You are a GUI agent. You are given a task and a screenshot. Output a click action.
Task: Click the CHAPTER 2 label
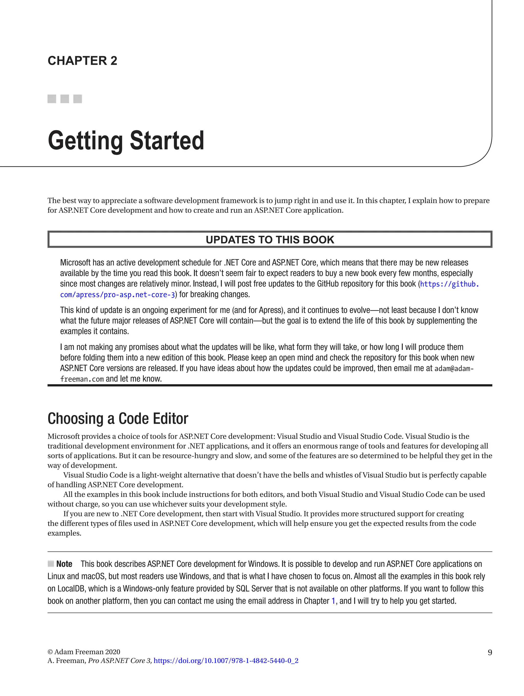tap(82, 61)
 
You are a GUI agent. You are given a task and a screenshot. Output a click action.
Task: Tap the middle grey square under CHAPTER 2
tap(64, 99)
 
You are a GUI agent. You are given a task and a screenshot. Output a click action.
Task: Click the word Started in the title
tap(167, 140)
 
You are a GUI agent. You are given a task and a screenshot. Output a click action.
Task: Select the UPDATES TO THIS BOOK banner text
tap(270, 240)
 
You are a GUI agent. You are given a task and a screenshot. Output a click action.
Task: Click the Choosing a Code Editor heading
tap(118, 418)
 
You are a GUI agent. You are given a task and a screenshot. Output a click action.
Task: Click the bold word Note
tap(64, 564)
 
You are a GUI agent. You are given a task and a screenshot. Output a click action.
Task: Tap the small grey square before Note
tap(51, 564)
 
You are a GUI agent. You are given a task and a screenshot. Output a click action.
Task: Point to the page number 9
tap(490, 652)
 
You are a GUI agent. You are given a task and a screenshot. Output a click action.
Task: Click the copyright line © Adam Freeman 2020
tap(84, 652)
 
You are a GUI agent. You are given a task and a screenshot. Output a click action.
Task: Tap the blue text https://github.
tap(449, 284)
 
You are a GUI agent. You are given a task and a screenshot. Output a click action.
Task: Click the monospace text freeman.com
tap(82, 379)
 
